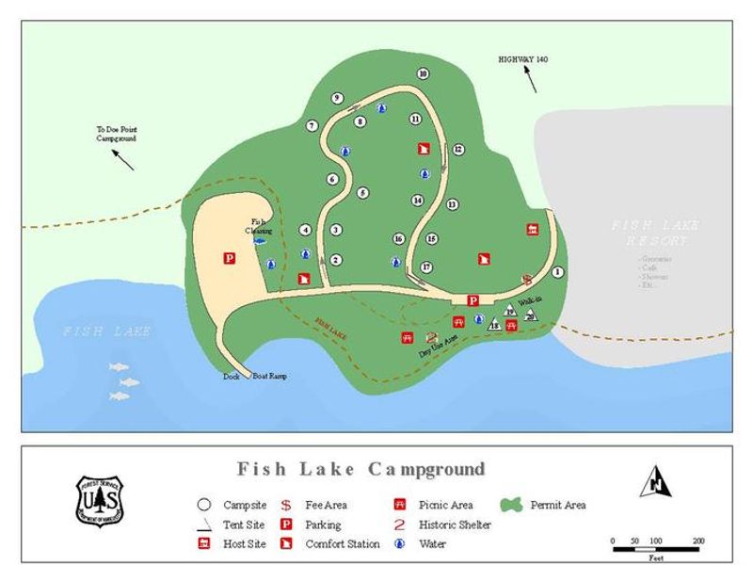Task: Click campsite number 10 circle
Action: tap(423, 73)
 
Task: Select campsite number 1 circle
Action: tap(557, 272)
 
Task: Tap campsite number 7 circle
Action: tap(312, 125)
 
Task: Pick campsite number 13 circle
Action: tap(452, 204)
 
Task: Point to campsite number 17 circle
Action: tap(426, 267)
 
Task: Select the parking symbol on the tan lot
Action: tap(229, 257)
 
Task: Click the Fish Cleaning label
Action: tap(261, 226)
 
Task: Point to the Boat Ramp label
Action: tap(269, 377)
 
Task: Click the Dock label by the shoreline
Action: tap(232, 377)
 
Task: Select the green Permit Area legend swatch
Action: tap(512, 506)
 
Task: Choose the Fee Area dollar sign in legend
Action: tap(285, 506)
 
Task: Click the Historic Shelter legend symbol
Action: tap(400, 525)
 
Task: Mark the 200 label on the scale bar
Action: tap(698, 541)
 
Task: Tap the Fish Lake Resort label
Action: tap(650, 234)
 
